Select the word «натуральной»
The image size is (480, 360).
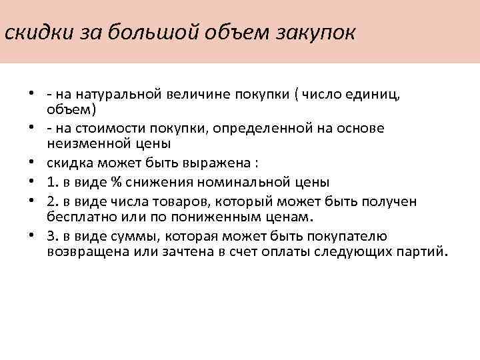click(x=117, y=93)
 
